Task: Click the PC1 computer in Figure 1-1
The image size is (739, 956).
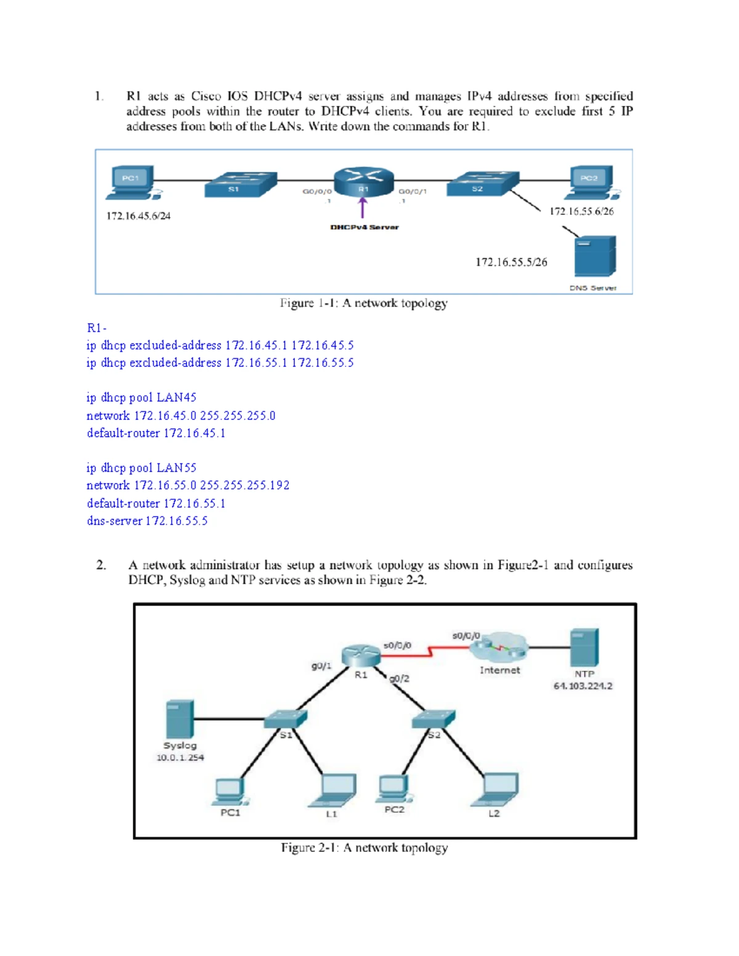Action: click(x=134, y=183)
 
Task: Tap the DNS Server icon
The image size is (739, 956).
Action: click(x=595, y=256)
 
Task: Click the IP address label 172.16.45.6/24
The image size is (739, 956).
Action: click(x=138, y=216)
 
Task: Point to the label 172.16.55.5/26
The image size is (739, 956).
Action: click(x=511, y=262)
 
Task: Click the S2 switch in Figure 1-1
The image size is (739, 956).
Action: click(x=483, y=183)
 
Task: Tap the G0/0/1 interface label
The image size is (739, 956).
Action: click(x=413, y=191)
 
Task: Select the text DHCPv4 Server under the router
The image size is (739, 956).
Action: click(x=365, y=227)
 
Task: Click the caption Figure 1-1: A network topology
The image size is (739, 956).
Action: click(x=363, y=303)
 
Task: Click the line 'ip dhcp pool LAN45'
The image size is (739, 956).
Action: click(x=141, y=398)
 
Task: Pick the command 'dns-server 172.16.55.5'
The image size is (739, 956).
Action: click(x=147, y=521)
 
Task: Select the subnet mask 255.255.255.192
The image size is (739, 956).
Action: click(x=244, y=485)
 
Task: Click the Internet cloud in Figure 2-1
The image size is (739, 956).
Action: click(x=499, y=646)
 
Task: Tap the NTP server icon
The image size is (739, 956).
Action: click(x=584, y=647)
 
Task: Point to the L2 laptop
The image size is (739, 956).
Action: click(x=495, y=790)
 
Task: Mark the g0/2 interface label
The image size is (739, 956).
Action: click(x=399, y=679)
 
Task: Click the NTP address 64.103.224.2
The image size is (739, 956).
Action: click(x=583, y=686)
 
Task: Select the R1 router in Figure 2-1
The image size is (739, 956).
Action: click(x=361, y=656)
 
